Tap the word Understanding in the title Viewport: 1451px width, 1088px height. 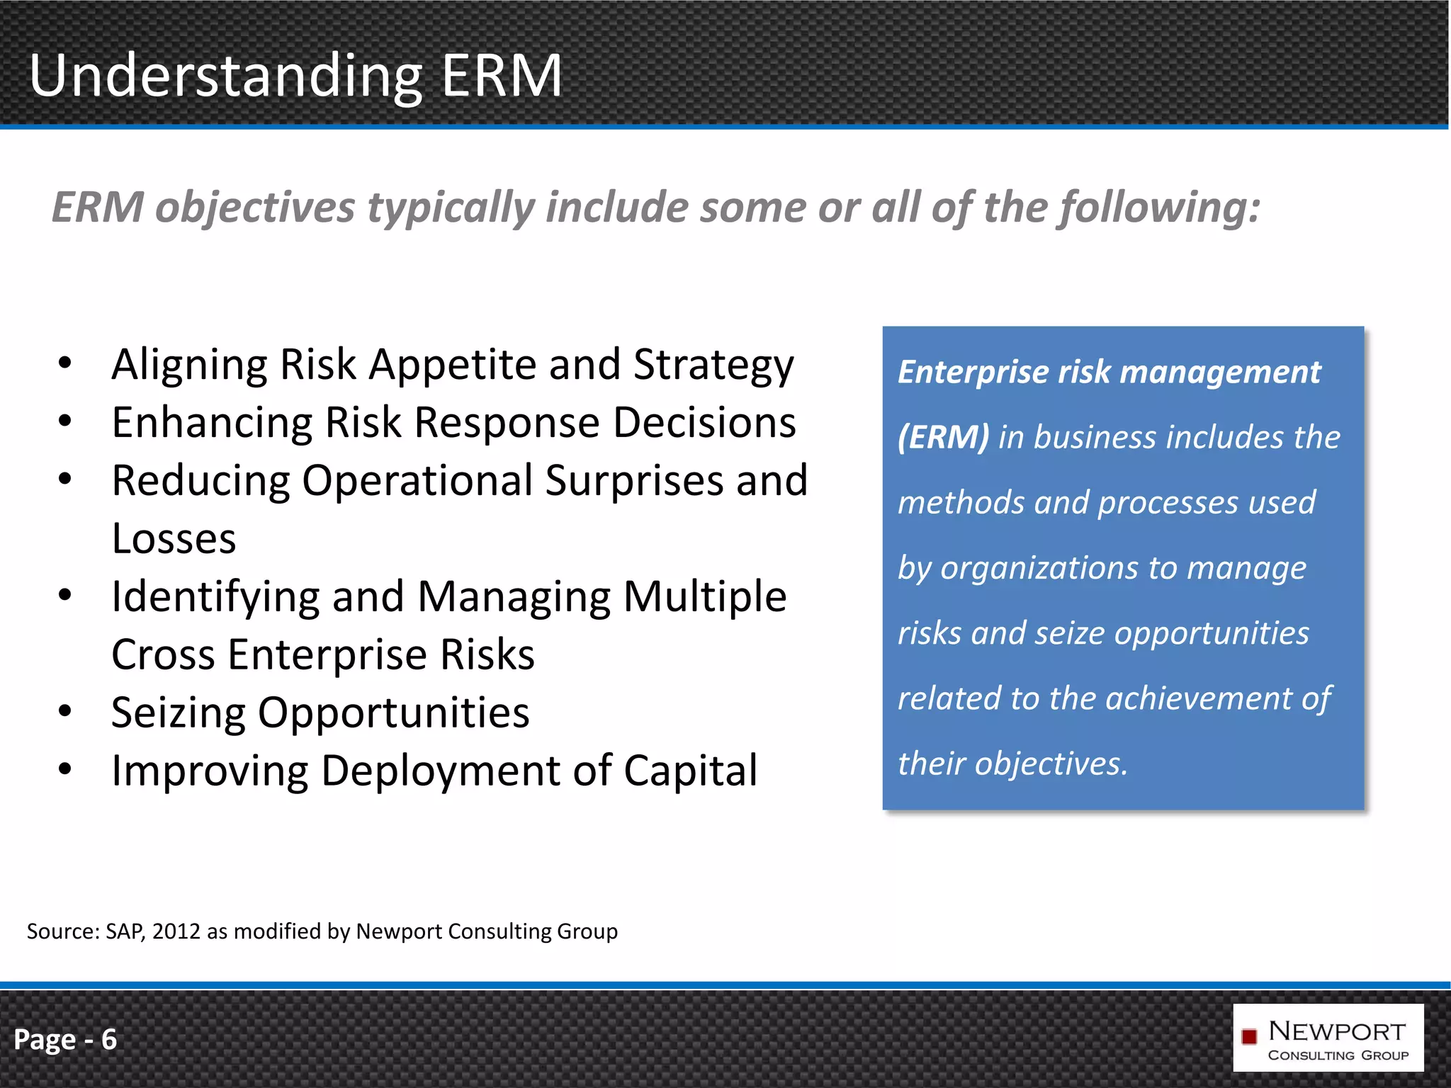226,76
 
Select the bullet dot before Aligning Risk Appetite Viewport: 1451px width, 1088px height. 65,363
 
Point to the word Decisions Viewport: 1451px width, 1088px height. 704,423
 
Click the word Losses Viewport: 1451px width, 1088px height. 174,538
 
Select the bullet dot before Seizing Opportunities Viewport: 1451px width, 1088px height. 65,710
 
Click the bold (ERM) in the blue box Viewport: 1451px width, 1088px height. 943,437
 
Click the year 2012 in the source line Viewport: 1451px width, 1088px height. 176,931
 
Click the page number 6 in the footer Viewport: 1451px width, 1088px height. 108,1040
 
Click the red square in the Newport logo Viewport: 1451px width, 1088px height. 1249,1037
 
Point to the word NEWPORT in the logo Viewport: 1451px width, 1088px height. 1336,1031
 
